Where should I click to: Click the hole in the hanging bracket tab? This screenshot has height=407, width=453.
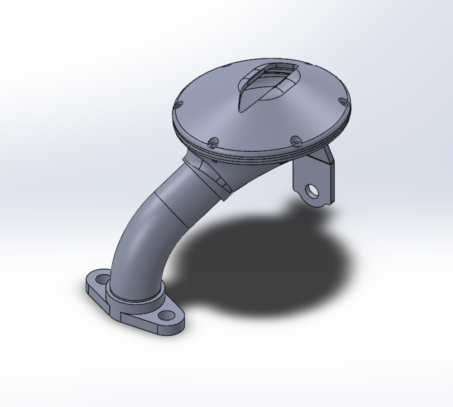pyautogui.click(x=312, y=191)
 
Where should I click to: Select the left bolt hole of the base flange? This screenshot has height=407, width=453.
pyautogui.click(x=102, y=278)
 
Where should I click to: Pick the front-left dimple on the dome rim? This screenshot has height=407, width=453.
pyautogui.click(x=214, y=142)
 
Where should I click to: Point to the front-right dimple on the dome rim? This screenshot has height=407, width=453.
pyautogui.click(x=295, y=141)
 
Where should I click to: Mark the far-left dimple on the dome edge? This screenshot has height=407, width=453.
pyautogui.click(x=178, y=105)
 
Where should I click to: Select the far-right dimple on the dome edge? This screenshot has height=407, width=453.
pyautogui.click(x=344, y=103)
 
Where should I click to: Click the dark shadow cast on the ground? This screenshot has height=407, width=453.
pyautogui.click(x=263, y=267)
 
